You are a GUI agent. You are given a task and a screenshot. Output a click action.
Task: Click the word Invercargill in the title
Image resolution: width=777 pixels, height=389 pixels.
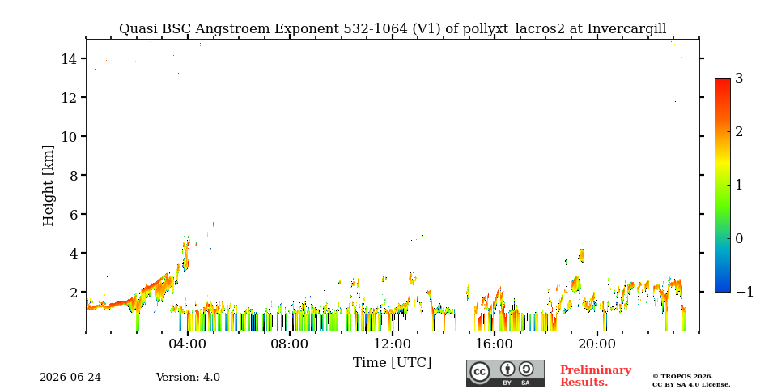tap(626, 29)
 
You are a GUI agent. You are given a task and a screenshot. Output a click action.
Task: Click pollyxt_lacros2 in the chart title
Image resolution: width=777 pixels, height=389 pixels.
tap(513, 29)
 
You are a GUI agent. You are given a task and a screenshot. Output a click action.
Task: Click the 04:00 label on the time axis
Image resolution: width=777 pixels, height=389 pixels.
tap(187, 344)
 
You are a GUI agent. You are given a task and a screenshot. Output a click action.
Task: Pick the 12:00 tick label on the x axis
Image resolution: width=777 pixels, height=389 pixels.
tap(392, 344)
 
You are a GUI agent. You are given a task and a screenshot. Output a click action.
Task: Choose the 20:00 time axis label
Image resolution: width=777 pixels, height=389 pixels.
tap(597, 344)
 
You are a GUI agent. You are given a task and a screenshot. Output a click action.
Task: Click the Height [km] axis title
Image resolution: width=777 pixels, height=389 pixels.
tap(48, 186)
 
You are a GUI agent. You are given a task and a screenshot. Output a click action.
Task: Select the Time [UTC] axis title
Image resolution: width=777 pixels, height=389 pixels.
tap(392, 363)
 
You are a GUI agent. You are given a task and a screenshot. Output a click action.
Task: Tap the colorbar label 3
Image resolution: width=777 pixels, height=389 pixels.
tap(739, 78)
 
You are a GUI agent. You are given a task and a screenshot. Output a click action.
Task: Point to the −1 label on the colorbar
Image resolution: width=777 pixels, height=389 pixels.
tap(745, 292)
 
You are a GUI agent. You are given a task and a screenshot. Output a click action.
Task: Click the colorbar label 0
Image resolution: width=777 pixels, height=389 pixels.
tap(739, 238)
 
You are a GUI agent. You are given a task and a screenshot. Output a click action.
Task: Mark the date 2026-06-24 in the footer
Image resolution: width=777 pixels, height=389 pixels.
tap(70, 378)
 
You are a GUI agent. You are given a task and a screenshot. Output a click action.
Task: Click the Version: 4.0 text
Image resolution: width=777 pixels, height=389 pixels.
tap(188, 378)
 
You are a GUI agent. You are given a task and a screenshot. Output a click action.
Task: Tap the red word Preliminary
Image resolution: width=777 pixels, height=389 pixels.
tap(596, 370)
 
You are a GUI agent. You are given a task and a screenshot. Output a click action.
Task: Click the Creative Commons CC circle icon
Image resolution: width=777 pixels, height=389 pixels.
tap(480, 372)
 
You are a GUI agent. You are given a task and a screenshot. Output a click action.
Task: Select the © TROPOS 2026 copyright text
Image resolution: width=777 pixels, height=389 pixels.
tap(682, 377)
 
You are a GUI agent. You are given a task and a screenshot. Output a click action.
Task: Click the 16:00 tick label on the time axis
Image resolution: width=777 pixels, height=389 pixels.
tap(494, 344)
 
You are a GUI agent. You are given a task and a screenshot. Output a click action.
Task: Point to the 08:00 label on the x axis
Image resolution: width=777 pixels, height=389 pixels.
tap(290, 344)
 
